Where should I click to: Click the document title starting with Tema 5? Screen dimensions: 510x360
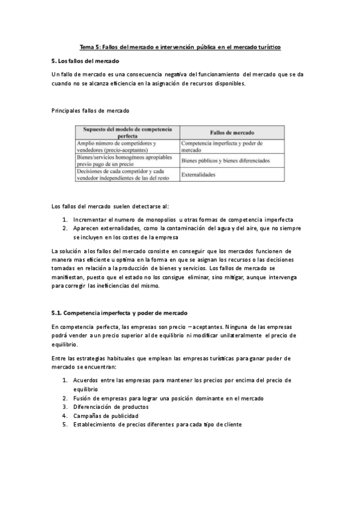click(x=180, y=47)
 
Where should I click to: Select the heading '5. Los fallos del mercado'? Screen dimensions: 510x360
click(x=86, y=61)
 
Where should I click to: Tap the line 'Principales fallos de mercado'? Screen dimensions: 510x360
click(x=91, y=111)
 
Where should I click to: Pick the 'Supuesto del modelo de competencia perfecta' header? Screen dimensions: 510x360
click(x=127, y=132)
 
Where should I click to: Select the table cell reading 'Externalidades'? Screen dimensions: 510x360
click(x=198, y=174)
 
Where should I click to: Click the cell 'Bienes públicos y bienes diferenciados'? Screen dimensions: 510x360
click(x=225, y=161)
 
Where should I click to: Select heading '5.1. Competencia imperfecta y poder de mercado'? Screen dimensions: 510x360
click(x=120, y=313)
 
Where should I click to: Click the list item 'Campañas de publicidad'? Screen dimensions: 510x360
click(x=106, y=415)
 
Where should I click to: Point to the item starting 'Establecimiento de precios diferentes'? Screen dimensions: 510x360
click(x=157, y=424)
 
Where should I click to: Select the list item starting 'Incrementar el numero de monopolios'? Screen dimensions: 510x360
click(x=183, y=220)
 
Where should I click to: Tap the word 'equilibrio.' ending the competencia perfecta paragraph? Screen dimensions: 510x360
click(x=66, y=345)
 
